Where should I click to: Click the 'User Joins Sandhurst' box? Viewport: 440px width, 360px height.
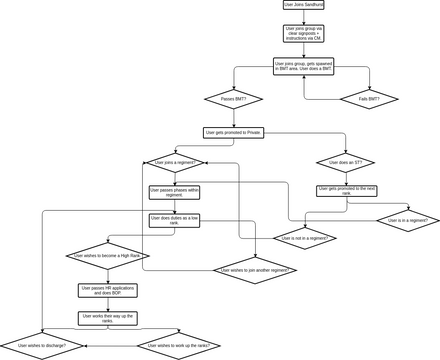(304, 5)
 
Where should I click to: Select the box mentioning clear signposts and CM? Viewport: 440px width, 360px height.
(304, 33)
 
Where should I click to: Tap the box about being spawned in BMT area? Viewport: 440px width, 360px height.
(304, 66)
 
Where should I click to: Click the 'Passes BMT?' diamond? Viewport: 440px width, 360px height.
(233, 99)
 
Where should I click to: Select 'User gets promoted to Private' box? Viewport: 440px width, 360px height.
(233, 132)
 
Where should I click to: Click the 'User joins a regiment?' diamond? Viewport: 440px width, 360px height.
(175, 162)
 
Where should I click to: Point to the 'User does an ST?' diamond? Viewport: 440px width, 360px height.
(344, 162)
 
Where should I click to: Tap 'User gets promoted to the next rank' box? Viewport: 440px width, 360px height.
(344, 190)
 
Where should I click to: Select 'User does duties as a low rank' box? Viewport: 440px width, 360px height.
(175, 219)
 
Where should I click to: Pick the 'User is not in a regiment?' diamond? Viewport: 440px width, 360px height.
(303, 238)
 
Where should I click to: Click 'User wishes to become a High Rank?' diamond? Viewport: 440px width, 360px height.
(107, 256)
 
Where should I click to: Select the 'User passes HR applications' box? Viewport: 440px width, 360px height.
(107, 290)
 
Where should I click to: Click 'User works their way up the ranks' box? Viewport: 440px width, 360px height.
(107, 318)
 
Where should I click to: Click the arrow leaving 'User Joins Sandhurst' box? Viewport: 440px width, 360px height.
(304, 17)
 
